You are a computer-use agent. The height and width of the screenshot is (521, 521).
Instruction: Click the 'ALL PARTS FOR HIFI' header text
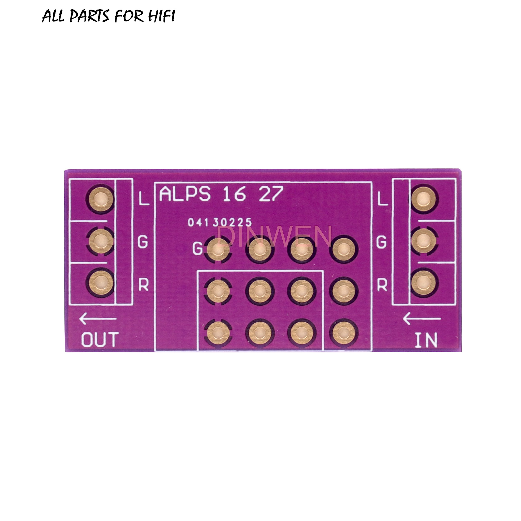[x=108, y=16]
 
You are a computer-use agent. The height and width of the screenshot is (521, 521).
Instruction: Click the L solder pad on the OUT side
[x=100, y=199]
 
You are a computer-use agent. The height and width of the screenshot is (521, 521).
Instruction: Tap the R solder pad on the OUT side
[x=100, y=282]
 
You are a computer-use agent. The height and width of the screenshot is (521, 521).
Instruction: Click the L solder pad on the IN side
[x=424, y=199]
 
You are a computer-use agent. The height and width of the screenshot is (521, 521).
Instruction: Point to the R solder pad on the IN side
[x=424, y=282]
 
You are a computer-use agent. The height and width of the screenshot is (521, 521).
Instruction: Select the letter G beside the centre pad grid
[x=197, y=248]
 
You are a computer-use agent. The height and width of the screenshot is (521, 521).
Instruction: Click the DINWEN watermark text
[x=275, y=237]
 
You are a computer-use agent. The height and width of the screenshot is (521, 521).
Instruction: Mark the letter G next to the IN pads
[x=382, y=242]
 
